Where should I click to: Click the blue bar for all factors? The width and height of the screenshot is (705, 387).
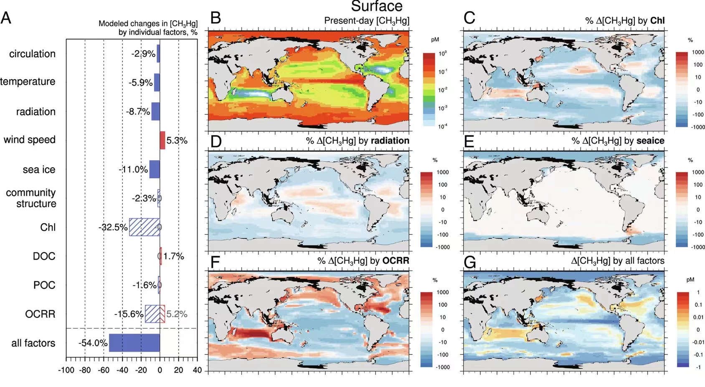tap(134, 343)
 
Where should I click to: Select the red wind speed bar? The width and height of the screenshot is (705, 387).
tap(162, 140)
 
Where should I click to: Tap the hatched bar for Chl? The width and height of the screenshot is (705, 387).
tap(144, 227)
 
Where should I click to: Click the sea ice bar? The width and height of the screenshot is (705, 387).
tap(155, 169)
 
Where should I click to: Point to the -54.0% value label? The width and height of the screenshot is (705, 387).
tap(93, 343)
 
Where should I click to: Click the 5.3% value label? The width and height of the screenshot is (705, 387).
tap(177, 141)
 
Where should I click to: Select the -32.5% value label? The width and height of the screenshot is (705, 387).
tap(113, 228)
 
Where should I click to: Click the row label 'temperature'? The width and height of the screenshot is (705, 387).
tap(28, 81)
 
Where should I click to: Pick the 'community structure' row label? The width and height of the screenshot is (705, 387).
tap(31, 198)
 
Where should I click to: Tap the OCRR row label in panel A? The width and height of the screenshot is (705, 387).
tap(40, 314)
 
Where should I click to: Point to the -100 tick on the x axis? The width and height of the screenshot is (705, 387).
tap(66, 370)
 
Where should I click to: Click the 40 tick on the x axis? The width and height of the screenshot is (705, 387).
tap(197, 370)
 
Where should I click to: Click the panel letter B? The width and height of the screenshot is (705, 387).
tap(216, 18)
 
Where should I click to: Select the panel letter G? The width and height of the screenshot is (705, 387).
tap(470, 263)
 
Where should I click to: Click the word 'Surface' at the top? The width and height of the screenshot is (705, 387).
tap(377, 6)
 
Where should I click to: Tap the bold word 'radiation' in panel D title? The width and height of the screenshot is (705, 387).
tap(390, 141)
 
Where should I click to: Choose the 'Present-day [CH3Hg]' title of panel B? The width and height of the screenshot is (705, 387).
tap(366, 21)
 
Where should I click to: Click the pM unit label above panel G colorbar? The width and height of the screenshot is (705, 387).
tap(690, 279)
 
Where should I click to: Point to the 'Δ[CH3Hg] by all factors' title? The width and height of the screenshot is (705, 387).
tap(617, 261)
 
